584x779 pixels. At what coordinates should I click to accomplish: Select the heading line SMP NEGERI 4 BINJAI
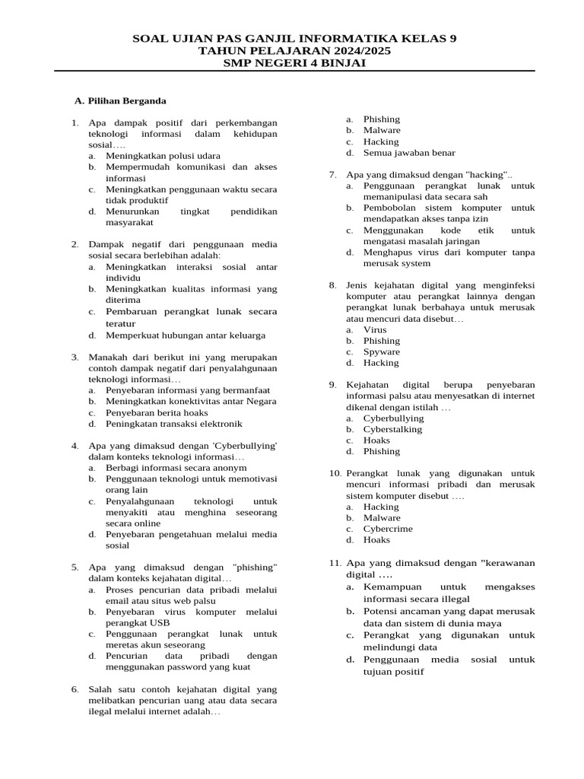click(x=294, y=63)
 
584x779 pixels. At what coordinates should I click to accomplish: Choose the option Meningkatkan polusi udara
click(x=157, y=155)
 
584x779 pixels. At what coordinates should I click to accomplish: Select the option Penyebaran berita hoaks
click(x=157, y=412)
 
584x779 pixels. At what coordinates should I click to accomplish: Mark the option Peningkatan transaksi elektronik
click(x=173, y=424)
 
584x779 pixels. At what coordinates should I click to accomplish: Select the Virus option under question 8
click(x=375, y=329)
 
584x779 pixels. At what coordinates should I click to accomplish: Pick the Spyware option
click(x=381, y=351)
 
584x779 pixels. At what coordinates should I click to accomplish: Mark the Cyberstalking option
click(x=392, y=429)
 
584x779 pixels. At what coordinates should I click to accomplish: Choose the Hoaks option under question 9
click(x=376, y=440)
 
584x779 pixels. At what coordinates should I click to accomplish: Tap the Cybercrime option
click(x=388, y=529)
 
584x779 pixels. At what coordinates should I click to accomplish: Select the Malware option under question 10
click(x=381, y=517)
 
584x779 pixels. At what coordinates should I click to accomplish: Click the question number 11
click(x=335, y=563)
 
